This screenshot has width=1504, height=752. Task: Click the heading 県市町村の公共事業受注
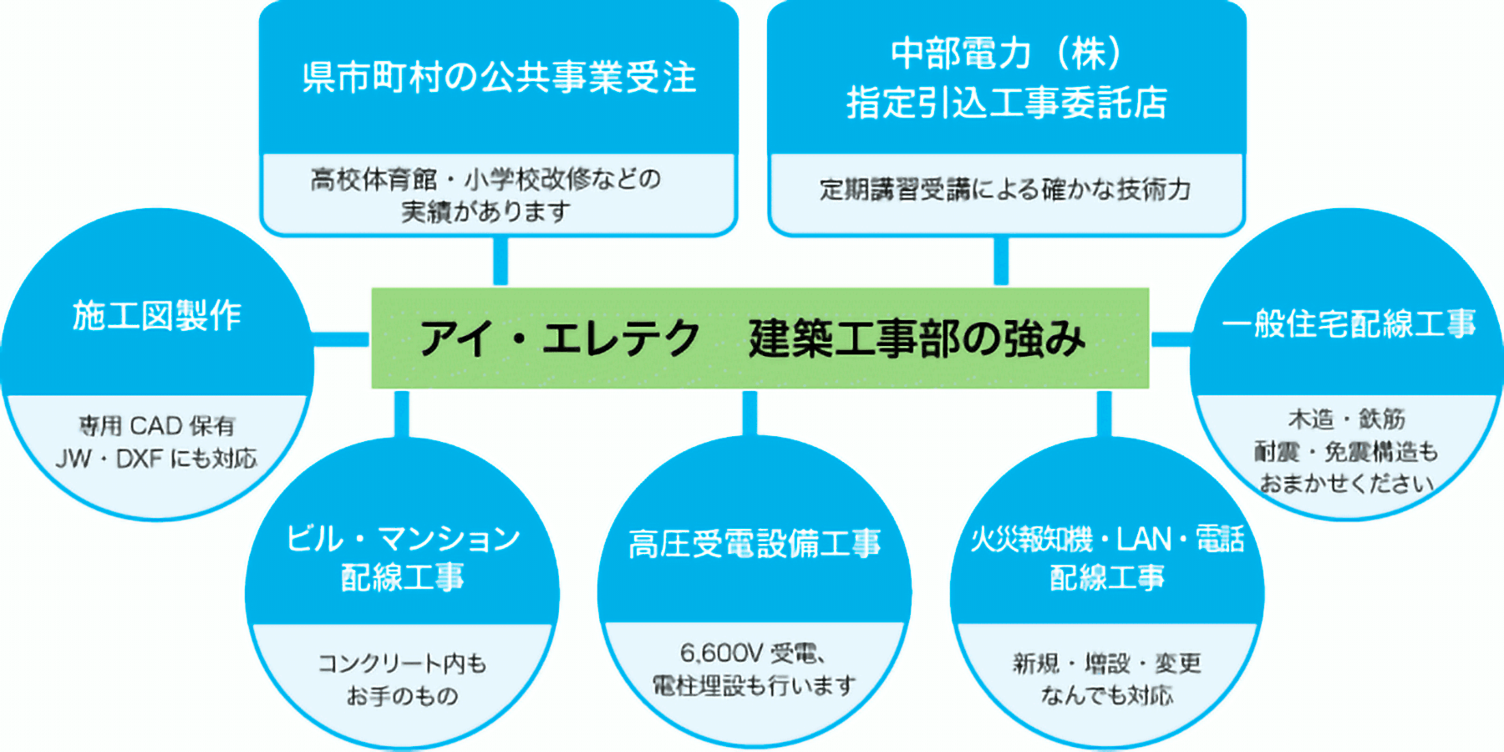coord(499,78)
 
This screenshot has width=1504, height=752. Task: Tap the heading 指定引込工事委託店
coord(1007,103)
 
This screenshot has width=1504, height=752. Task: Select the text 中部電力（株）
coord(1007,53)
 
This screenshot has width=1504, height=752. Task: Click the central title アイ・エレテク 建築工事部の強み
coord(752,338)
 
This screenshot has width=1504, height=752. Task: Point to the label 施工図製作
coord(157,316)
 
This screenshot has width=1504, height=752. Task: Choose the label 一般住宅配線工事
coord(1349,323)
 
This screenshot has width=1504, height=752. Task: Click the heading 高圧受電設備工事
coord(755,544)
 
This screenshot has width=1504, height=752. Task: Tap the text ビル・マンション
coord(403,539)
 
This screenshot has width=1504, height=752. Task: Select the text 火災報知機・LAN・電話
coord(1107,539)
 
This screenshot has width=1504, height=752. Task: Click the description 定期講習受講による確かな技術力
coord(1005,190)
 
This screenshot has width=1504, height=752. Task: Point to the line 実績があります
coord(485,211)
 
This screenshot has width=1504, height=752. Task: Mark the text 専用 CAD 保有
coord(157,426)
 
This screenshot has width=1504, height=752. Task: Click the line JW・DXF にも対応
coord(156,459)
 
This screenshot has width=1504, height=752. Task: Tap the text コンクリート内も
coord(402,663)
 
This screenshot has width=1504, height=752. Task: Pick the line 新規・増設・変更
coord(1107,663)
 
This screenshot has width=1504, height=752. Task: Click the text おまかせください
coord(1347,483)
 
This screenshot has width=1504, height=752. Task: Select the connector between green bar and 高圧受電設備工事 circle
coord(749,413)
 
